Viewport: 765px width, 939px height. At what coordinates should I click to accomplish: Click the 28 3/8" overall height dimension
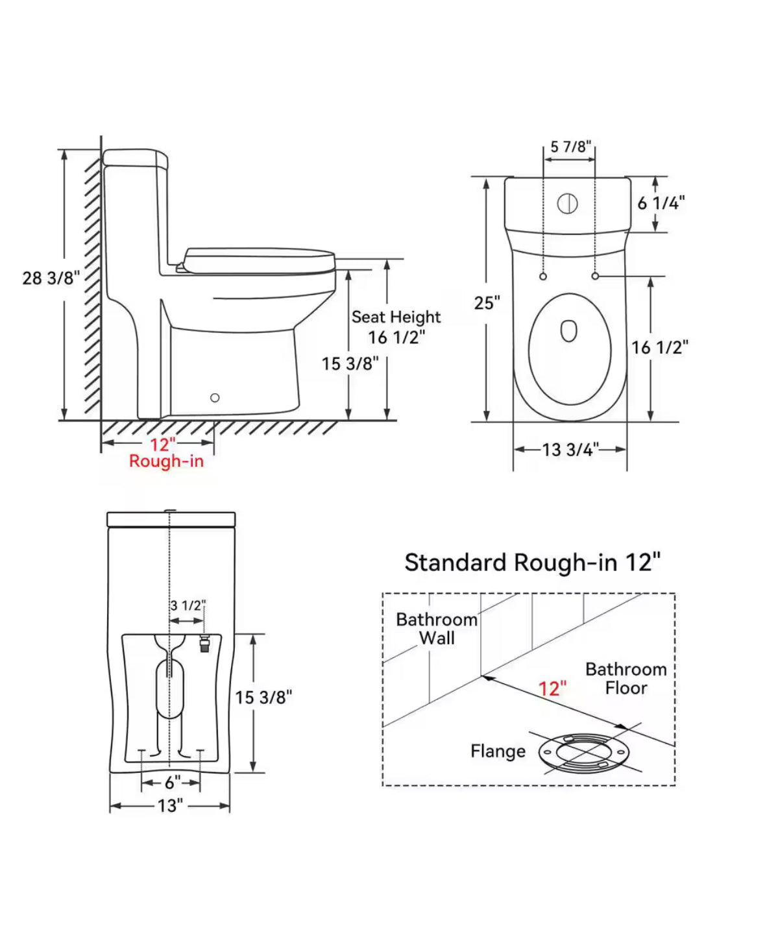tap(51, 278)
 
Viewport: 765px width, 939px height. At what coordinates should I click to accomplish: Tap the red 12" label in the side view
tap(162, 445)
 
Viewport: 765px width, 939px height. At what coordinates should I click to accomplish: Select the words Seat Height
tap(396, 317)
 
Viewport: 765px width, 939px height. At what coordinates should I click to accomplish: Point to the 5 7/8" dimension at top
tap(570, 147)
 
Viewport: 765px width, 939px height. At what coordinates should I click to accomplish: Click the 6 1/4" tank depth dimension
tap(661, 203)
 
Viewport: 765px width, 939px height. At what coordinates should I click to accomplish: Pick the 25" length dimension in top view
tap(487, 303)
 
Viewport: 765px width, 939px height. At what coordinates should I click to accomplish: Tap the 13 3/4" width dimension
tap(570, 450)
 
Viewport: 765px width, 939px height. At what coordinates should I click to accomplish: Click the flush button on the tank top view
tap(568, 204)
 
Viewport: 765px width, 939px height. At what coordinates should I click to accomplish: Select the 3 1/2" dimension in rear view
tap(188, 605)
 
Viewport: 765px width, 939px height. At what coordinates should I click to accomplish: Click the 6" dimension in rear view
tap(172, 783)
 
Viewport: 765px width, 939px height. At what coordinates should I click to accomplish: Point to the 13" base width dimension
tap(171, 806)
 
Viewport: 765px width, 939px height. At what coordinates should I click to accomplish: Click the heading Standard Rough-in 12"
tap(532, 563)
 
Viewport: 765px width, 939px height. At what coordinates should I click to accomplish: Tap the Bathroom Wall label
tap(436, 629)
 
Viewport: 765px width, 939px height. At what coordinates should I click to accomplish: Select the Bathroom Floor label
tap(626, 678)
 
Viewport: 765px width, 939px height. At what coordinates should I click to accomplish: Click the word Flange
tap(498, 751)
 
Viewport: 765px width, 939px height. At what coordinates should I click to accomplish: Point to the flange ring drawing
tap(584, 752)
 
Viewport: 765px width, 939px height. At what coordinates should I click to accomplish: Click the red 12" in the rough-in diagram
tap(552, 689)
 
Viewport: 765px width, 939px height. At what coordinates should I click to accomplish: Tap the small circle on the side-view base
tap(215, 398)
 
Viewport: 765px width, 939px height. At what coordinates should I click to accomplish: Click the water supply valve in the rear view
tap(204, 644)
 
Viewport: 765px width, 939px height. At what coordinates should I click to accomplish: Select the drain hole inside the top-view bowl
tap(569, 331)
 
